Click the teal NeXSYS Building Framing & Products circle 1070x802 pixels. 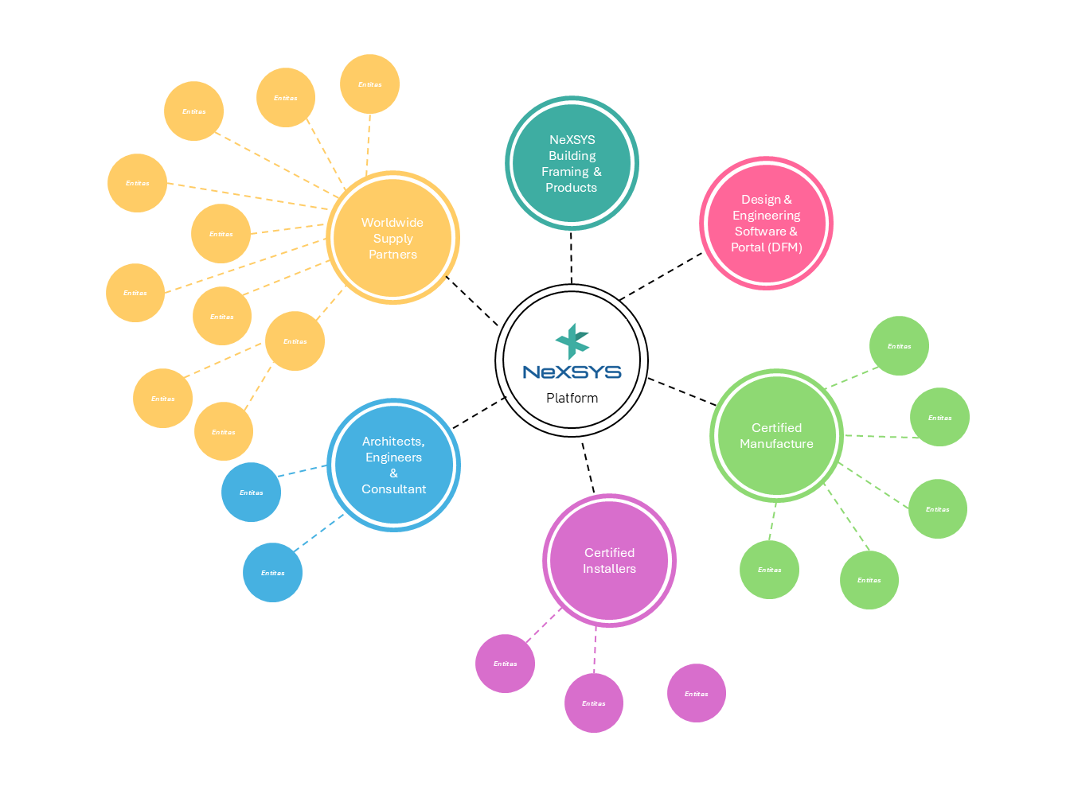[572, 163]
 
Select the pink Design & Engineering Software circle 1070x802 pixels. [766, 224]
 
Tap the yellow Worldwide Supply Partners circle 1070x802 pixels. [392, 238]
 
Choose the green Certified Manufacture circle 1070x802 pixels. [776, 435]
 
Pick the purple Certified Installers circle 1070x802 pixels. [609, 561]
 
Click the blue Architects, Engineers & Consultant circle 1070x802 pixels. [393, 465]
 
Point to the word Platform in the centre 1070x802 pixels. [572, 398]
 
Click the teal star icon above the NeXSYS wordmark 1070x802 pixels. [572, 341]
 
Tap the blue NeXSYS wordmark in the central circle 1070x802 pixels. [572, 372]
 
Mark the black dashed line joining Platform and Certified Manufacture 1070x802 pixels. [681, 391]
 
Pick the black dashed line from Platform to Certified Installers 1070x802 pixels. [588, 467]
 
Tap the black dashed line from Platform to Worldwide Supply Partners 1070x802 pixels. [471, 301]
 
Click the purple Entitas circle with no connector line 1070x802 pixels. [697, 693]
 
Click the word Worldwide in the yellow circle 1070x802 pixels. [392, 223]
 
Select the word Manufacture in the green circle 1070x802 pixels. [776, 444]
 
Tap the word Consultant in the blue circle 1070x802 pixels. [393, 489]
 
